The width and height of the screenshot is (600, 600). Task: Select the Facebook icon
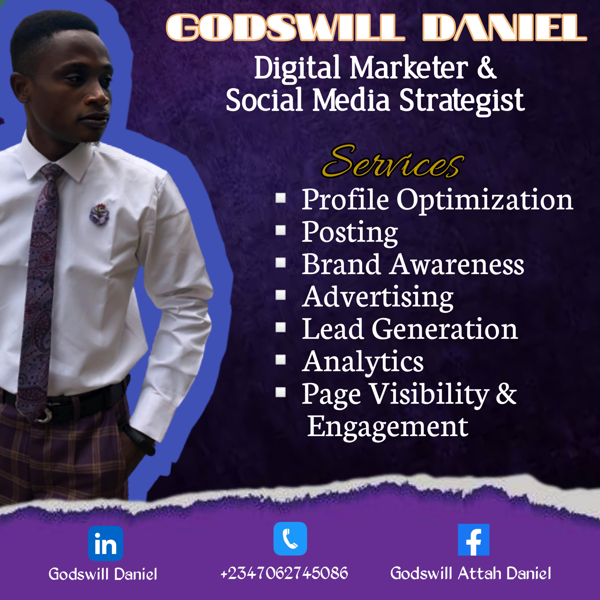pyautogui.click(x=474, y=540)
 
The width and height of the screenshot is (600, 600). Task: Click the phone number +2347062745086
pyautogui.click(x=284, y=573)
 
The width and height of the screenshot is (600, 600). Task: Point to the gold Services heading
pyautogui.click(x=393, y=161)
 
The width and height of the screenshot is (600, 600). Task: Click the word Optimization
pyautogui.click(x=485, y=201)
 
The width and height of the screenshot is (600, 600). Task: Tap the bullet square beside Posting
pyautogui.click(x=281, y=230)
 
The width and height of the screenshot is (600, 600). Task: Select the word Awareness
pyautogui.click(x=457, y=264)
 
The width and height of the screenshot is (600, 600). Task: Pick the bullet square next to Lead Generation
pyautogui.click(x=281, y=327)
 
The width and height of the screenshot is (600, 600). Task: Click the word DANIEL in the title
pyautogui.click(x=505, y=27)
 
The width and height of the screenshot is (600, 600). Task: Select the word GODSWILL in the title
pyautogui.click(x=286, y=27)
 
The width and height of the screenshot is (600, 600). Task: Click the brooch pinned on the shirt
pyautogui.click(x=99, y=214)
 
